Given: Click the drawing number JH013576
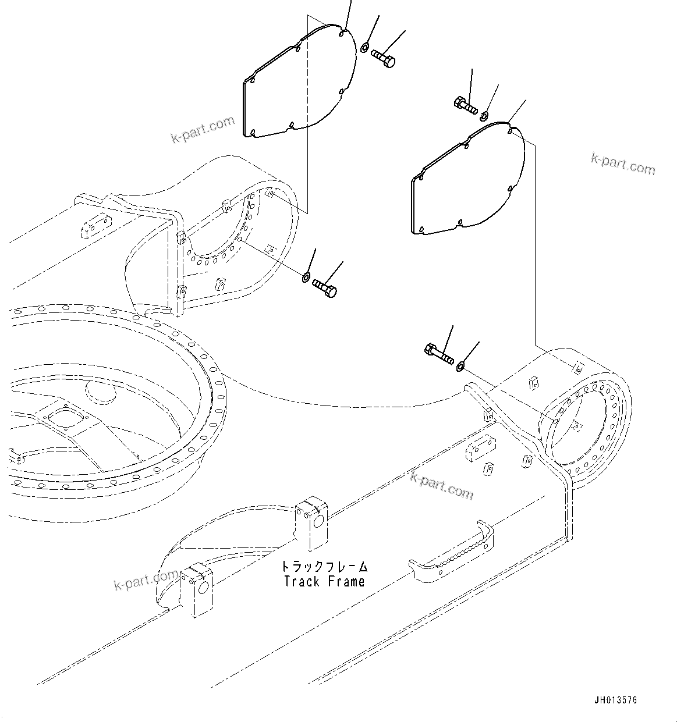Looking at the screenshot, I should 616,700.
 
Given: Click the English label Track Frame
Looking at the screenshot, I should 324,581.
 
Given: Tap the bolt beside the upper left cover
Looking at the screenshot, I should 384,58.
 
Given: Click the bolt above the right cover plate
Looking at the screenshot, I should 465,106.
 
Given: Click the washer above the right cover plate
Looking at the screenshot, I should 485,115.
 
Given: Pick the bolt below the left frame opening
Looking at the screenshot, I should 325,287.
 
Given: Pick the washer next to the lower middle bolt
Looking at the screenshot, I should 306,277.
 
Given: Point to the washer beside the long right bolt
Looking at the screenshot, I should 460,366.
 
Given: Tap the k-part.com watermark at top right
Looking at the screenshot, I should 623,163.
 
